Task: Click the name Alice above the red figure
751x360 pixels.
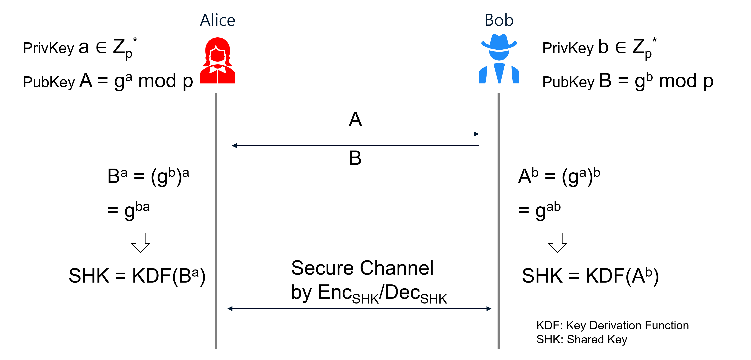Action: pos(218,20)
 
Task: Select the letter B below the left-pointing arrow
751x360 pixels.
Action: pos(355,158)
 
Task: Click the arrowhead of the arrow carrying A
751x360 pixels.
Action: pos(476,134)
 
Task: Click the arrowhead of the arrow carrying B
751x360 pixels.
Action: pos(234,146)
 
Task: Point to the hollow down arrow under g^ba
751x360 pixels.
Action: pos(141,242)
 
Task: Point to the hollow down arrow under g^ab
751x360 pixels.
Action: pos(557,242)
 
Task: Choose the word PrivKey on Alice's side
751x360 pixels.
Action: pos(48,48)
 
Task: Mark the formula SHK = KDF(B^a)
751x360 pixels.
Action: pos(137,276)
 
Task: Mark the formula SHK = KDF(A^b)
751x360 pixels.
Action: pos(590,276)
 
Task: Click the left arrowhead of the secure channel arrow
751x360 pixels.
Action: pos(230,308)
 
